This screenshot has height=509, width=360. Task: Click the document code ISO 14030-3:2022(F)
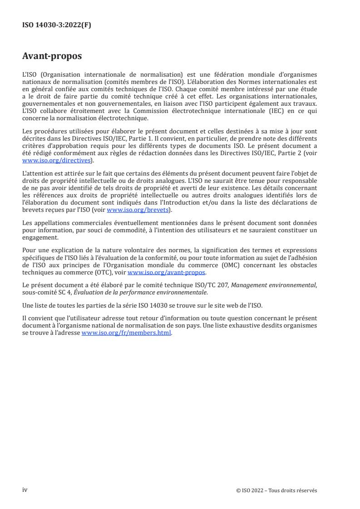pos(57,25)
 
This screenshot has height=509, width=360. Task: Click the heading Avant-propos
pos(52,57)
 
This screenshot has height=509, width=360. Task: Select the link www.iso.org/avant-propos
pos(167,273)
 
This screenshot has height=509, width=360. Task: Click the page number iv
pos(25,490)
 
